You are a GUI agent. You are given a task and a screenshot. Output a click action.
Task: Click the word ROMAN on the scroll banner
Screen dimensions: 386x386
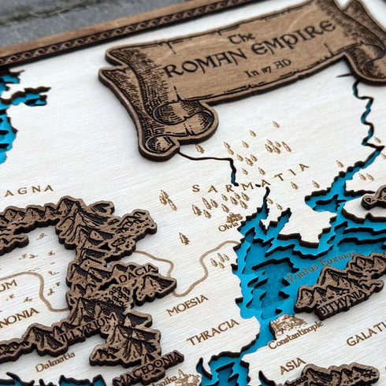pyautogui.click(x=206, y=62)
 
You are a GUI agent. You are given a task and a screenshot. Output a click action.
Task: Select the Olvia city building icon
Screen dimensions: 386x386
pyautogui.click(x=233, y=217)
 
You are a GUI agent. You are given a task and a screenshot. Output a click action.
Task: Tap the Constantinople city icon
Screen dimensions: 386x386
pyautogui.click(x=288, y=324)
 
